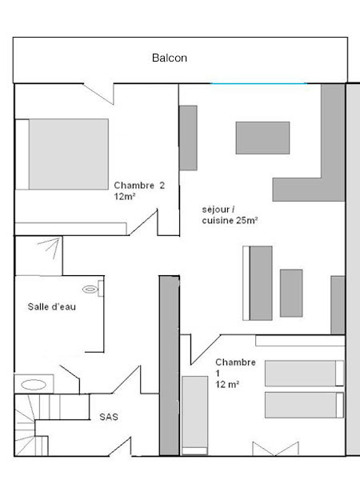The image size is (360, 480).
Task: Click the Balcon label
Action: [170, 58]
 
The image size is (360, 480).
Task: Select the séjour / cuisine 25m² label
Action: [230, 215]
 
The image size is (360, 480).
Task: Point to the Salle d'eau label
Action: [51, 306]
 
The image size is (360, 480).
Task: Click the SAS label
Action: [109, 417]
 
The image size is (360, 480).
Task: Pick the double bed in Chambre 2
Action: [62, 154]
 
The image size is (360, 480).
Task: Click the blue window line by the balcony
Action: [258, 83]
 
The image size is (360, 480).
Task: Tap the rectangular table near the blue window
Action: [262, 138]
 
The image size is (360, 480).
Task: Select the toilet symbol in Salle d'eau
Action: [93, 288]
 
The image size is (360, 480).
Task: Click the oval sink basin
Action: [34, 385]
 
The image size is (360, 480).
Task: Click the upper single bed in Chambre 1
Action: [304, 373]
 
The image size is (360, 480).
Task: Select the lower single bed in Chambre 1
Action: [304, 405]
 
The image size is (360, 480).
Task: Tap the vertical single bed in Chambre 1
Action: [195, 415]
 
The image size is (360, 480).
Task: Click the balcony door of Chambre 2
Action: [98, 94]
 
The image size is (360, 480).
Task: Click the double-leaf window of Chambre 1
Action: [275, 449]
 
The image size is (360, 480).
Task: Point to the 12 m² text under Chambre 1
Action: [227, 384]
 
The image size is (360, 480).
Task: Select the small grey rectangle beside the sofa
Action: [291, 293]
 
